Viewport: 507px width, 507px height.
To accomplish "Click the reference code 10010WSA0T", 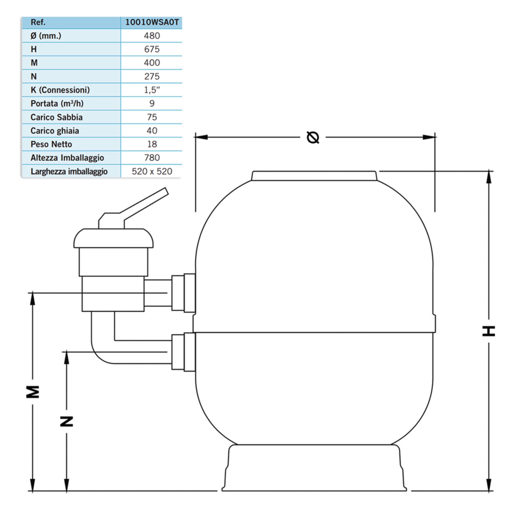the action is coord(152,22).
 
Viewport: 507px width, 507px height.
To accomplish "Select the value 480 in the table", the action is coord(152,36).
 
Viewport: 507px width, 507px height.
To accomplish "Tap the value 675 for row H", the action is coord(152,49).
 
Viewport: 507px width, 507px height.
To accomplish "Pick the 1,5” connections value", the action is coord(152,90).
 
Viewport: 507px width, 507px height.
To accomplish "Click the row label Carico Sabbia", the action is coord(56,117).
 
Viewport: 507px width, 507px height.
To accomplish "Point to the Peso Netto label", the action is coord(51,144).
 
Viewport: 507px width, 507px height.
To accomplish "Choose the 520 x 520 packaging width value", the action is coord(152,171).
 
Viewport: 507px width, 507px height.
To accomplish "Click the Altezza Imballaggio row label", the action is coord(67,158).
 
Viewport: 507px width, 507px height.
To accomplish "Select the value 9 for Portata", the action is coord(152,103).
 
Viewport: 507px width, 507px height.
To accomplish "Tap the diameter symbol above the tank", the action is coord(313,137).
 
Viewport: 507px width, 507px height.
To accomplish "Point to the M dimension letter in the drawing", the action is coord(33,392).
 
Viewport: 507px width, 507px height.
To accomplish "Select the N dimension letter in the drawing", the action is coord(67,421).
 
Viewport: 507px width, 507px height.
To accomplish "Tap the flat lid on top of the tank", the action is coord(314,176).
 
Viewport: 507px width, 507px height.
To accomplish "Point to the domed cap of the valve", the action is coord(113,238).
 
